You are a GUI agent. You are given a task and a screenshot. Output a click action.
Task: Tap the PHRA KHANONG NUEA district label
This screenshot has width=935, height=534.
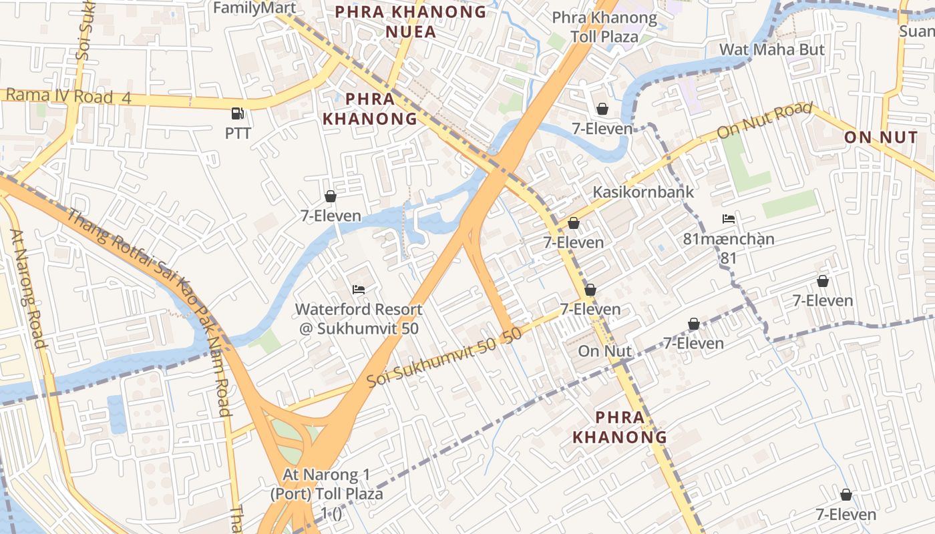click(x=410, y=21)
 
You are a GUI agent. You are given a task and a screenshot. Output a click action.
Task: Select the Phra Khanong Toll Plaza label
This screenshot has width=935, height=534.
click(x=604, y=27)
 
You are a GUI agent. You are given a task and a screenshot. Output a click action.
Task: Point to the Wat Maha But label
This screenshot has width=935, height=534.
click(x=771, y=49)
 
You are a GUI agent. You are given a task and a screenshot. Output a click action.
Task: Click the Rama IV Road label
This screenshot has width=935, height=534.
click(x=67, y=96)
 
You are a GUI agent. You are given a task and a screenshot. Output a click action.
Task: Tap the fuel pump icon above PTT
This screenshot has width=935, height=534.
click(x=237, y=114)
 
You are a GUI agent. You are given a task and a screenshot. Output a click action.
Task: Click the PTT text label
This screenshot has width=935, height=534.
click(x=238, y=133)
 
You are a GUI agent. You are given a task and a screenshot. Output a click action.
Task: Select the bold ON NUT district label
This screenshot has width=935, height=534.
click(x=881, y=138)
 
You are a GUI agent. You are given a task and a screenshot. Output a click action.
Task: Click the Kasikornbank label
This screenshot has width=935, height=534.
click(x=643, y=192)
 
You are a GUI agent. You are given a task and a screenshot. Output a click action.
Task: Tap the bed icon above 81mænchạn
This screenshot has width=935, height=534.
click(x=729, y=219)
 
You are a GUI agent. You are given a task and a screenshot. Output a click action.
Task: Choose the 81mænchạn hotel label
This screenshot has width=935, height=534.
click(x=729, y=239)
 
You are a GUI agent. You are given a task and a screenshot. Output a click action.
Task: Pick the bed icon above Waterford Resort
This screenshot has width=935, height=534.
click(x=359, y=290)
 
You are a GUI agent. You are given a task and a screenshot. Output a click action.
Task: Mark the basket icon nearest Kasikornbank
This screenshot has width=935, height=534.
click(x=573, y=223)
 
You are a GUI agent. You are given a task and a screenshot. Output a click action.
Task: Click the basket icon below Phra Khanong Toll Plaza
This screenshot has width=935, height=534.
click(x=602, y=109)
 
